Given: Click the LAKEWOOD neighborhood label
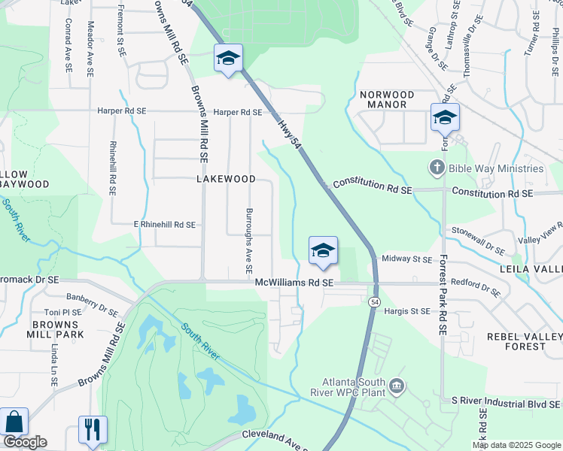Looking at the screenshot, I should pyautogui.click(x=226, y=180).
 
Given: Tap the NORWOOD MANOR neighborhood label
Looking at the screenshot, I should pyautogui.click(x=387, y=99).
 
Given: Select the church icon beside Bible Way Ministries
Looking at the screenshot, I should pyautogui.click(x=437, y=168).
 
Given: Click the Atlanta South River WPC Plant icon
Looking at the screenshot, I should pyautogui.click(x=397, y=387).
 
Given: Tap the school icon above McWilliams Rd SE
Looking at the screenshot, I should pyautogui.click(x=323, y=250).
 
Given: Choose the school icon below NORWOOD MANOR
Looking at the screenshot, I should pyautogui.click(x=445, y=117).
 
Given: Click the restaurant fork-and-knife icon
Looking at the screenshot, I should pyautogui.click(x=93, y=430).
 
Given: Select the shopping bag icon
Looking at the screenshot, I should pyautogui.click(x=14, y=422).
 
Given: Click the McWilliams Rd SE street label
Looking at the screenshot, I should pyautogui.click(x=294, y=283).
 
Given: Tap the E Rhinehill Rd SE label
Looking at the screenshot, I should pyautogui.click(x=164, y=225).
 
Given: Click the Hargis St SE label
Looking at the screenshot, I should pyautogui.click(x=406, y=310).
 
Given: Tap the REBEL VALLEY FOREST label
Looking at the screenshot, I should pyautogui.click(x=525, y=341).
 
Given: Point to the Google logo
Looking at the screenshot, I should pyautogui.click(x=24, y=442).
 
